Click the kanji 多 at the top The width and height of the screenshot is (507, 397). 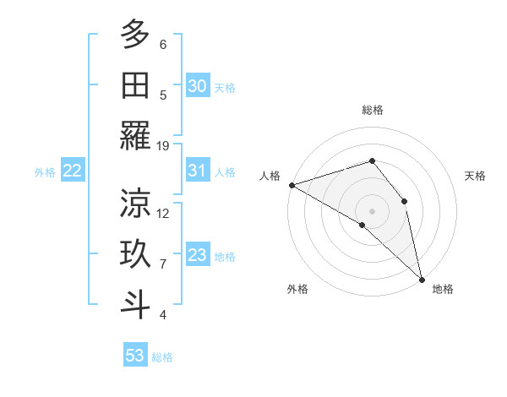click(135, 35)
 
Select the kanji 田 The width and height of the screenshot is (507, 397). click(135, 85)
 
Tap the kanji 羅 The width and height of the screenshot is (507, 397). click(135, 136)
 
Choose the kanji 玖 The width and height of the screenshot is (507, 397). click(135, 254)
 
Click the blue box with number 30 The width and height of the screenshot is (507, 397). click(197, 86)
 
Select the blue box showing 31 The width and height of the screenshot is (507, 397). click(197, 171)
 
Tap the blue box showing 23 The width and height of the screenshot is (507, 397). click(197, 255)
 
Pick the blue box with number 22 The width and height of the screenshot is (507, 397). click(73, 171)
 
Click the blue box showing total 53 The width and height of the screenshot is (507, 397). click(135, 356)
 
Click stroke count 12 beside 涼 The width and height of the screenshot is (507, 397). click(163, 213)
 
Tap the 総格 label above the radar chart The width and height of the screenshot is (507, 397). click(372, 110)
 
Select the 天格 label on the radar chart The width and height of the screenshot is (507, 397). click(476, 176)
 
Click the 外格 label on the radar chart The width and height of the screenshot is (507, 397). click(297, 290)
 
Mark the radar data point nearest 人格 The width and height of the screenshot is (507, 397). click(292, 184)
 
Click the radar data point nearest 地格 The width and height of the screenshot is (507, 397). click(421, 278)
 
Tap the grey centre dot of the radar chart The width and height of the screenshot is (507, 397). click(372, 209)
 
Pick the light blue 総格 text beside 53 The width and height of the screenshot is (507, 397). click(162, 357)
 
